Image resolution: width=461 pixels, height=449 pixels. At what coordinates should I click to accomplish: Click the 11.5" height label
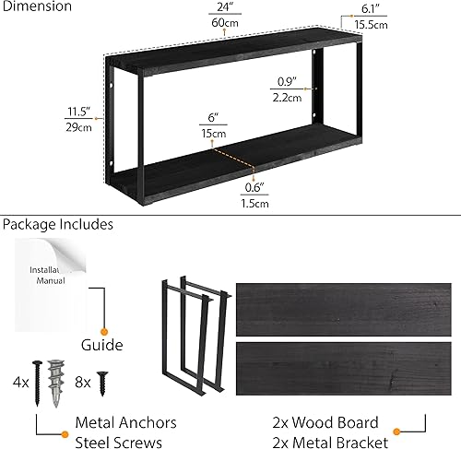[77, 112]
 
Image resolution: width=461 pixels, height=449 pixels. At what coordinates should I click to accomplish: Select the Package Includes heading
[57, 224]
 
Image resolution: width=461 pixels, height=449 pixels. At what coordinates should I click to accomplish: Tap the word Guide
[101, 346]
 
